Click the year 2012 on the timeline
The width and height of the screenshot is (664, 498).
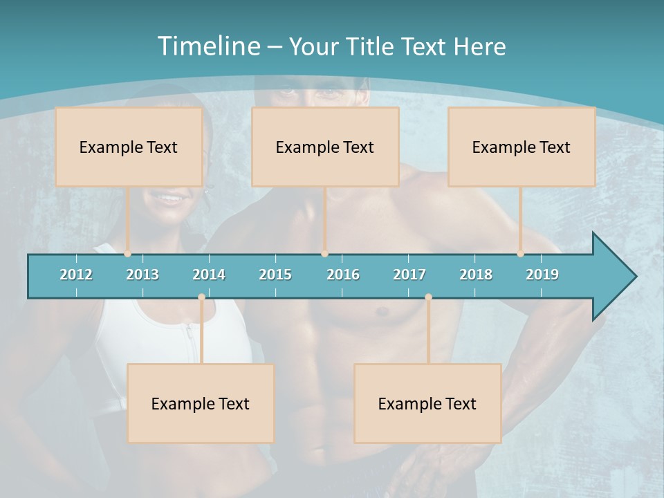[76, 275]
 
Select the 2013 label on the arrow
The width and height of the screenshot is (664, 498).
[142, 275]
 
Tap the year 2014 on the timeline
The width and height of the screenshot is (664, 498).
[209, 275]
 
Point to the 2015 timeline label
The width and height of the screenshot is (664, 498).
[275, 275]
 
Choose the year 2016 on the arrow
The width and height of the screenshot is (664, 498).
[343, 275]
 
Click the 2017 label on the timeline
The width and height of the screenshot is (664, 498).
[409, 275]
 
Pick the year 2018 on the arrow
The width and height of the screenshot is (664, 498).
[476, 275]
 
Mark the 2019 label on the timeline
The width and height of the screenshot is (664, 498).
[542, 275]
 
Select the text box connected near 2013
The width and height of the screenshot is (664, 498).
[129, 147]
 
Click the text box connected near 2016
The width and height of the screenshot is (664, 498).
[325, 147]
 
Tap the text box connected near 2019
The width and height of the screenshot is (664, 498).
[522, 147]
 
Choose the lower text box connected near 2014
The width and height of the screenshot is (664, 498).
[201, 403]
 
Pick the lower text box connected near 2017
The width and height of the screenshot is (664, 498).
[427, 403]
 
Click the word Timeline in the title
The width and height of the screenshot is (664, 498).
[207, 46]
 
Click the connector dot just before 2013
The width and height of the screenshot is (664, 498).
[128, 254]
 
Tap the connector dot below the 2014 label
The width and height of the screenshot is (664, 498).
[201, 297]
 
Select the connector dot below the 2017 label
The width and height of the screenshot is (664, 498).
[428, 297]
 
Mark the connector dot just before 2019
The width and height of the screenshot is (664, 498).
[521, 254]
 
